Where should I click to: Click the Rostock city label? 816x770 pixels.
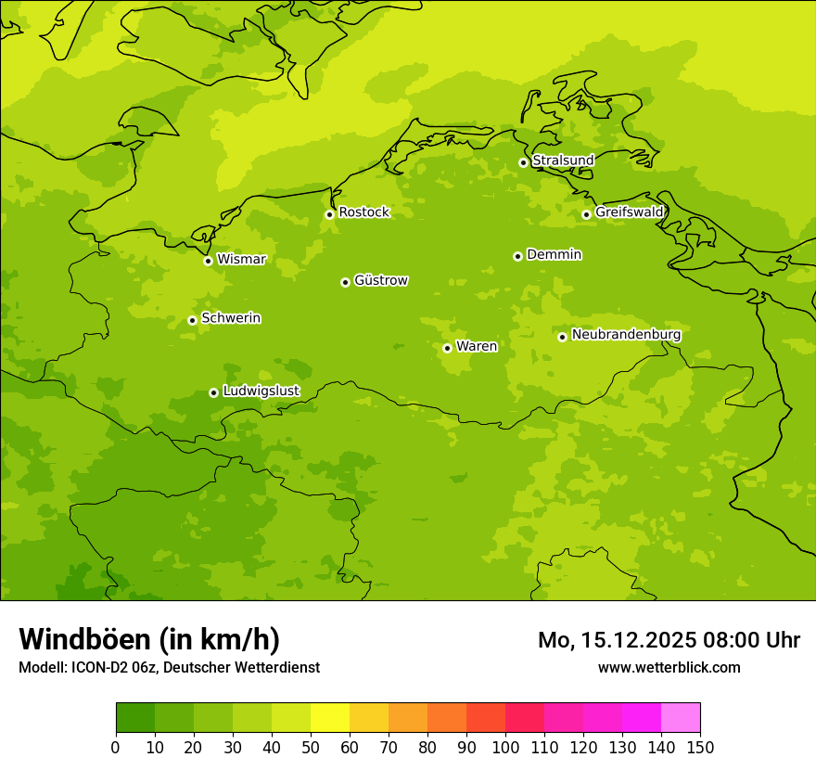coord(363,212)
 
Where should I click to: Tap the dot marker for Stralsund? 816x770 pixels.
coord(523,162)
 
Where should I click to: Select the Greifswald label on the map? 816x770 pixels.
coord(629,212)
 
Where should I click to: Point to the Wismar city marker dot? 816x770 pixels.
coord(208,261)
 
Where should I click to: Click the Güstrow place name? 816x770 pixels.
coord(380,280)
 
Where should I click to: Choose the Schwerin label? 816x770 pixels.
coord(231,318)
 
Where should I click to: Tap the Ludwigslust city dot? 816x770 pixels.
coord(213,392)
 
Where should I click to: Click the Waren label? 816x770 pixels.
coord(477,347)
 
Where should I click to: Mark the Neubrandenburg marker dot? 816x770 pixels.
coord(562,337)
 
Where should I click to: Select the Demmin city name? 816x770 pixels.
coord(554,254)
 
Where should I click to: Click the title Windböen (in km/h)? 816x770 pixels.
coord(149,639)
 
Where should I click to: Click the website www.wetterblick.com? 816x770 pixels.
coord(669,667)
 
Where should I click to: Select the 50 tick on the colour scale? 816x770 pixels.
coord(311,747)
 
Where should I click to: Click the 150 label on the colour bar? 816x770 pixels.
coord(700,747)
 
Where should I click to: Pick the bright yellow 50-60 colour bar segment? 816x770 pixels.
coord(330,718)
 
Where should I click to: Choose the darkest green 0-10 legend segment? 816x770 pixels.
coord(135,718)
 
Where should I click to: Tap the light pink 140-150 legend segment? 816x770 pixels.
coord(681,718)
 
